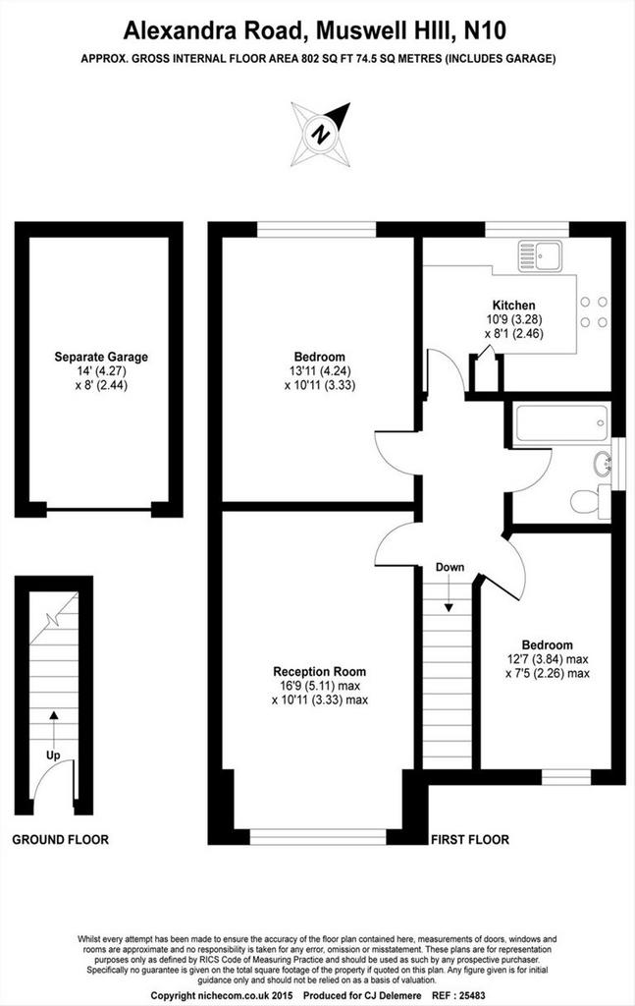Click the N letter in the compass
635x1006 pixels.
320,135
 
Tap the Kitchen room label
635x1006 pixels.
513,306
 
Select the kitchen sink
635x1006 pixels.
540,256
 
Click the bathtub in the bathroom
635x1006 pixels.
561,423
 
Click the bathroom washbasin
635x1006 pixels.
603,464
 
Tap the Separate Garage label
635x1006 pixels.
101,357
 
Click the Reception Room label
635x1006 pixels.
319,672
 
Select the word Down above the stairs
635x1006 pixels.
450,567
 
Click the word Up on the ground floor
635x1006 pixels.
53,755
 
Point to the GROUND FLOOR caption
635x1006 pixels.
60,839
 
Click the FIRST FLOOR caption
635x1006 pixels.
470,839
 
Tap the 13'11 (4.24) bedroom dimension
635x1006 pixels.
320,370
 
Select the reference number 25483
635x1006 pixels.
472,995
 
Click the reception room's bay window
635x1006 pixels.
318,837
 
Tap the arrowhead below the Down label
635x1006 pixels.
449,606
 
